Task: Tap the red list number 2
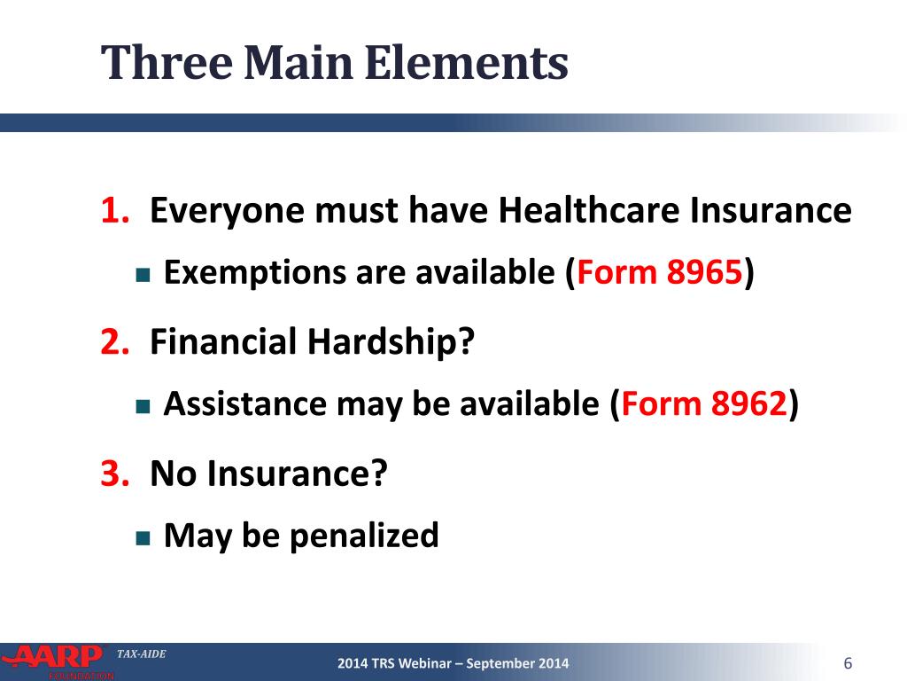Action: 113,341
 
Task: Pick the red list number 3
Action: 113,474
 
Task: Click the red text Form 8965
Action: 659,273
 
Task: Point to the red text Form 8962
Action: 704,404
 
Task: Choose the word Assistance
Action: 244,404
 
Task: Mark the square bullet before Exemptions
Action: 143,275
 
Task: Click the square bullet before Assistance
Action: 143,406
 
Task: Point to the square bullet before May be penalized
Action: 143,537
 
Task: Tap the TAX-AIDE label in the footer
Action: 141,654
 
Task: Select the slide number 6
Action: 848,664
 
